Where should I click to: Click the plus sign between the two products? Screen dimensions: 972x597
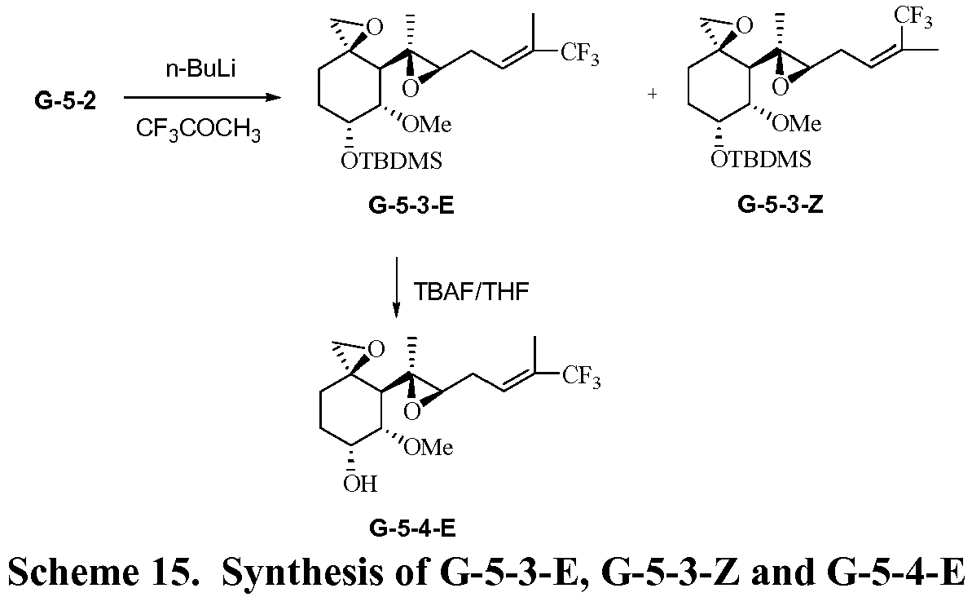click(652, 95)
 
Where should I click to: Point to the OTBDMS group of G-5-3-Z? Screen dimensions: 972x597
click(761, 158)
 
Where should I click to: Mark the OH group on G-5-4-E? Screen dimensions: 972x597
click(359, 484)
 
